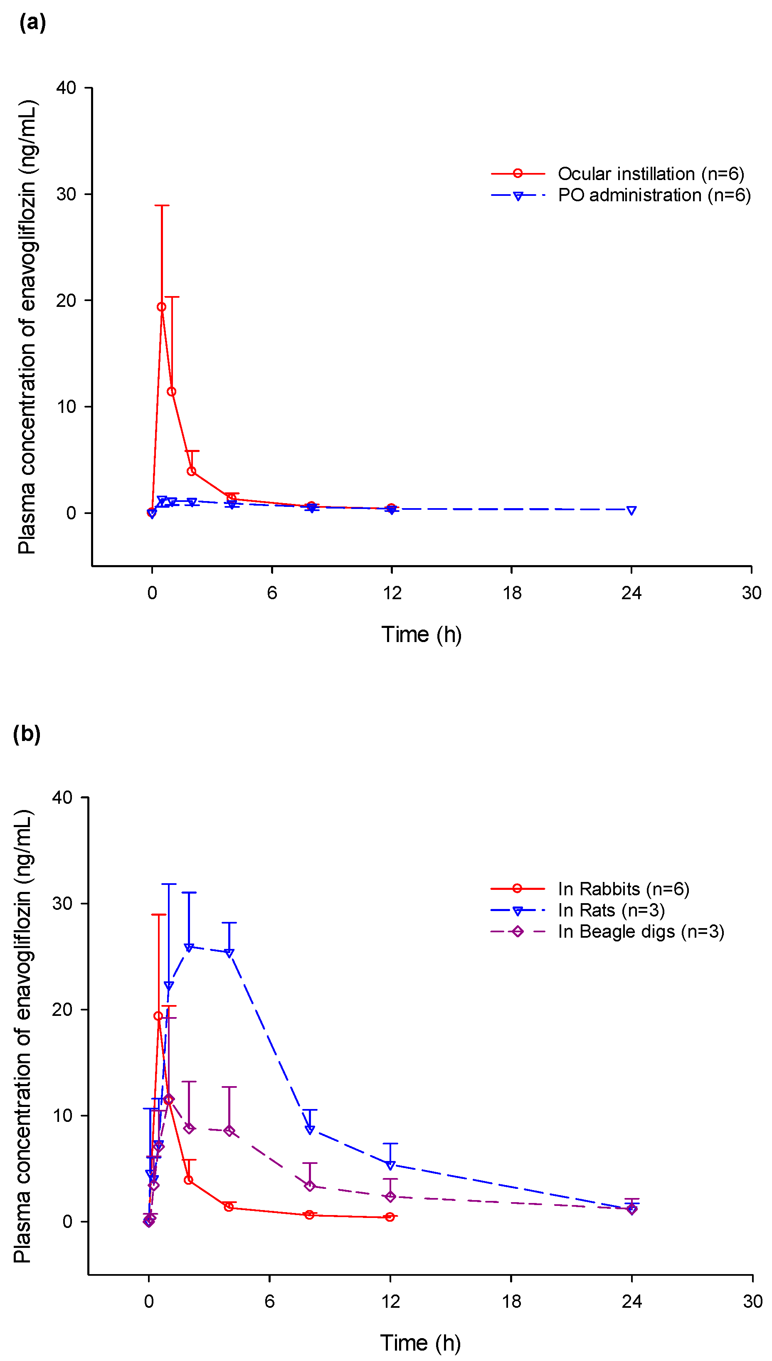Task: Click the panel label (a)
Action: [x=32, y=23]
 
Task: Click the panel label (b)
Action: [x=27, y=734]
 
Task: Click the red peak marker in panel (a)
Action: [x=161, y=307]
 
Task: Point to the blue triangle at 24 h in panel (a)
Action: [x=631, y=510]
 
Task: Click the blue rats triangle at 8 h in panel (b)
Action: [x=310, y=1130]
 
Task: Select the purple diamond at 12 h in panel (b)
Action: [x=390, y=1197]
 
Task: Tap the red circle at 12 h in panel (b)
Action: [x=390, y=1217]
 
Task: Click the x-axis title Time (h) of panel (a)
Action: [x=422, y=634]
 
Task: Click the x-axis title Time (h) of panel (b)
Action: [x=420, y=1343]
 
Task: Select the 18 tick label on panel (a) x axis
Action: [x=512, y=593]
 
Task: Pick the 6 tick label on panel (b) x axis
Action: [x=269, y=1302]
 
